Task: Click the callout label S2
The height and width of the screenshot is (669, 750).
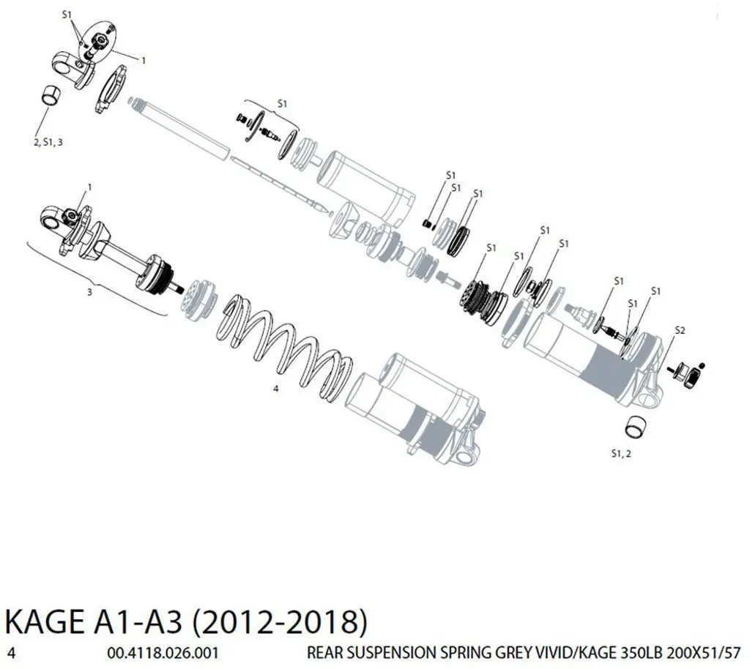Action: [680, 330]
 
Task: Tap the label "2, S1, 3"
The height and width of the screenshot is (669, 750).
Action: [48, 143]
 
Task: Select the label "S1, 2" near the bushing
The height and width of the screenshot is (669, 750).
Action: [621, 454]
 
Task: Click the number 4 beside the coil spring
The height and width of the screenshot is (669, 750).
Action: [276, 389]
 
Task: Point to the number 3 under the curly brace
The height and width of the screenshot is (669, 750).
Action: [89, 292]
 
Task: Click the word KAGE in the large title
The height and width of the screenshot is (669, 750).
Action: [42, 622]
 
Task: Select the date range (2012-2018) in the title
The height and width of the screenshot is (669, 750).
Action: [280, 622]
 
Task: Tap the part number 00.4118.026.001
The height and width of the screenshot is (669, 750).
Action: [163, 653]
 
